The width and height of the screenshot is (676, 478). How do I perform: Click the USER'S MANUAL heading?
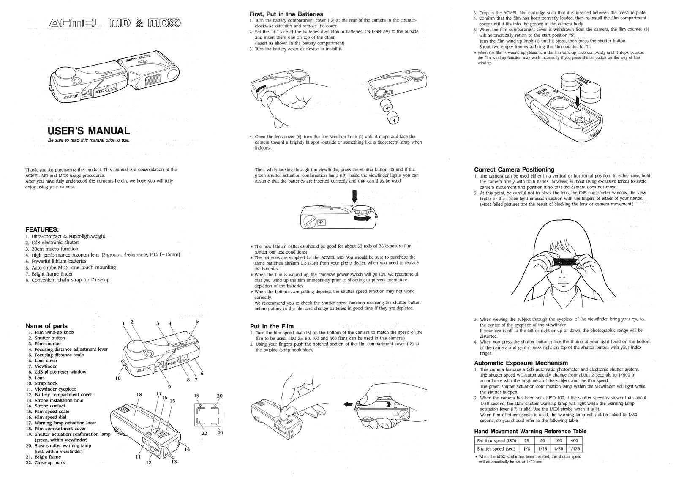[89, 131]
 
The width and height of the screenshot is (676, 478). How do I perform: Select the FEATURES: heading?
[42, 229]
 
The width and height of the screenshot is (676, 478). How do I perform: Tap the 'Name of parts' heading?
[46, 326]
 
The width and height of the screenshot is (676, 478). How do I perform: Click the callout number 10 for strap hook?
[118, 378]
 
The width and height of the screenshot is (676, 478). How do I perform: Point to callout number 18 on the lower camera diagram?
[139, 394]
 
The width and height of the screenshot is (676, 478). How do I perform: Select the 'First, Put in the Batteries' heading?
[286, 14]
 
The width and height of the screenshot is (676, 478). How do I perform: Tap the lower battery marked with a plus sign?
[394, 120]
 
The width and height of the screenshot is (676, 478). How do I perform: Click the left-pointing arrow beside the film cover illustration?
[348, 404]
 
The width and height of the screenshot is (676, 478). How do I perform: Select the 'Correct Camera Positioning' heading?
[514, 169]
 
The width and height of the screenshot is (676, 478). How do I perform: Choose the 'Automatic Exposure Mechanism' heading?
[521, 363]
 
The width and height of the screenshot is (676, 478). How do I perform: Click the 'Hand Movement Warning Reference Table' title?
[530, 431]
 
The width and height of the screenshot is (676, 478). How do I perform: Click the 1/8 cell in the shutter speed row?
[526, 449]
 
